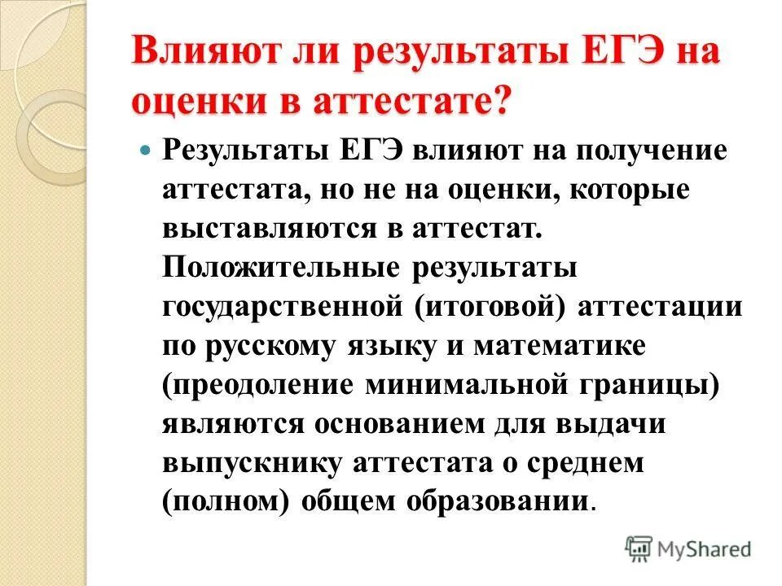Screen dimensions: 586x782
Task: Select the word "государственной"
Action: [x=284, y=307]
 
